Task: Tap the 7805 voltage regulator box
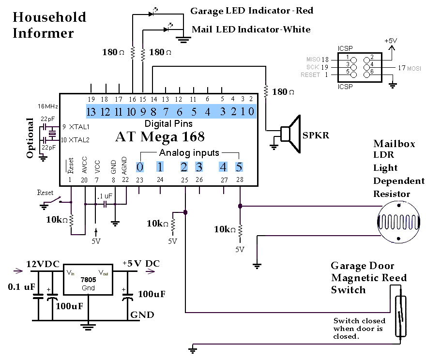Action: [x=88, y=281]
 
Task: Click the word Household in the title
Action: [x=49, y=17]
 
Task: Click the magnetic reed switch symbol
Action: [x=399, y=317]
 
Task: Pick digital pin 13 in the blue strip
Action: [x=91, y=112]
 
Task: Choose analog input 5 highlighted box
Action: [x=239, y=167]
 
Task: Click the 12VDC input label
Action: [x=43, y=264]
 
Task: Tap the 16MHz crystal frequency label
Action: [x=48, y=106]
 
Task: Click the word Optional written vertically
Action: [x=30, y=137]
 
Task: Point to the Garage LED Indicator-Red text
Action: [x=251, y=11]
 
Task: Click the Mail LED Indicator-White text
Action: [x=251, y=30]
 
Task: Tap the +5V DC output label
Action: [x=140, y=264]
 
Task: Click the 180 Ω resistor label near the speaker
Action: [x=284, y=91]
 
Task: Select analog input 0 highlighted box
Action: [x=140, y=167]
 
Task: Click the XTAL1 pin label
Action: [x=79, y=127]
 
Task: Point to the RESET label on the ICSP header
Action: [x=310, y=75]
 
